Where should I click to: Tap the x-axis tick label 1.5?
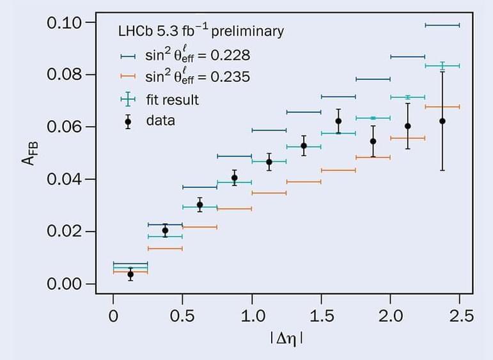click(x=321, y=315)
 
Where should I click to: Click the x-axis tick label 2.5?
click(x=460, y=315)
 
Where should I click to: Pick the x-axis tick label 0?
click(x=113, y=315)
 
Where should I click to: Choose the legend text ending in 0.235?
click(x=192, y=77)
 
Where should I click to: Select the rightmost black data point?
click(x=442, y=121)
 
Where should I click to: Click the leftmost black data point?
click(x=130, y=274)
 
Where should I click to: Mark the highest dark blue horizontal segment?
click(x=442, y=25)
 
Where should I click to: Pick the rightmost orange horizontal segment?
click(x=442, y=106)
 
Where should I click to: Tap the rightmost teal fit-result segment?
click(x=442, y=65)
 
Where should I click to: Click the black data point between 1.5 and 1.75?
click(x=338, y=121)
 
